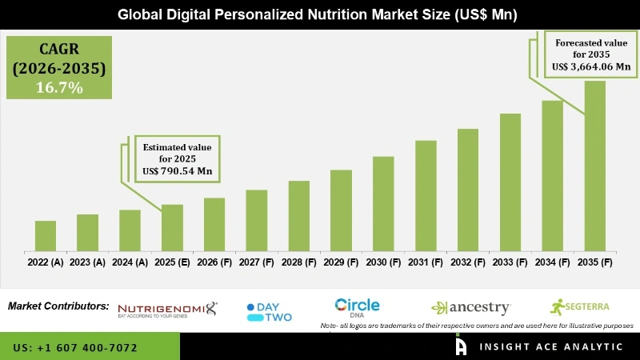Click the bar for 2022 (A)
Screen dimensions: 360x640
pyautogui.click(x=46, y=235)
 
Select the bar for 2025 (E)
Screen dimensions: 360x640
pyautogui.click(x=172, y=227)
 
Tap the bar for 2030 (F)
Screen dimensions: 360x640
pyautogui.click(x=383, y=203)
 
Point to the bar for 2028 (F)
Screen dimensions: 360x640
pyautogui.click(x=298, y=215)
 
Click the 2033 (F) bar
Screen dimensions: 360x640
pyautogui.click(x=510, y=182)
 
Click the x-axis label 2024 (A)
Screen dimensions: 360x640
pyautogui.click(x=130, y=262)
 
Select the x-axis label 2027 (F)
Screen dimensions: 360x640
pyautogui.click(x=256, y=262)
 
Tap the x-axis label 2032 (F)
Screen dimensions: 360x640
pyautogui.click(x=468, y=262)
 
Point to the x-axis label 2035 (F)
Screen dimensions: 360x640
pyautogui.click(x=594, y=262)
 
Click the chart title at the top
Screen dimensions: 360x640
pyautogui.click(x=319, y=14)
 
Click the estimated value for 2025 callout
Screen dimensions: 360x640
pyautogui.click(x=177, y=159)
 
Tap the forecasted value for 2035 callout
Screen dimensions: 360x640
pyautogui.click(x=587, y=54)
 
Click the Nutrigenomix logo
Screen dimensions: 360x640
pyautogui.click(x=167, y=310)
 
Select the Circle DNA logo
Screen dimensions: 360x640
pyautogui.click(x=357, y=306)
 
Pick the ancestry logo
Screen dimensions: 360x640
pyautogui.click(x=471, y=307)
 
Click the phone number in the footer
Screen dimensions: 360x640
pyautogui.click(x=76, y=348)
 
